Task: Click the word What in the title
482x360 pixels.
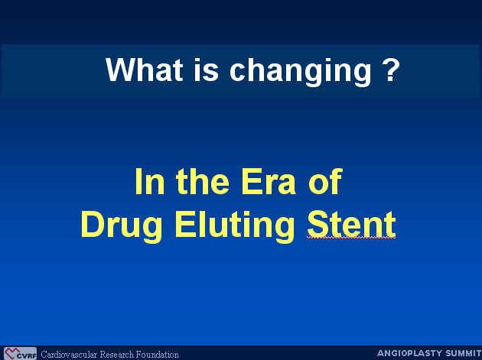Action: point(144,70)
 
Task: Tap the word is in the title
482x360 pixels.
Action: point(206,70)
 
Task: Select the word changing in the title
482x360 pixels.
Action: point(301,72)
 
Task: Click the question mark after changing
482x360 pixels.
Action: point(391,70)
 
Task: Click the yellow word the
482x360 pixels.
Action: point(203,182)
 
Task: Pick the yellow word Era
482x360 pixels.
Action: point(269,182)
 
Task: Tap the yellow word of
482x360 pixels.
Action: point(325,182)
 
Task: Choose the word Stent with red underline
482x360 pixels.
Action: point(351,225)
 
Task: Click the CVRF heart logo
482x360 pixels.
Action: point(20,354)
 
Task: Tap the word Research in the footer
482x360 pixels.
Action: point(116,355)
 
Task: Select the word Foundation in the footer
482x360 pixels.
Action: point(157,355)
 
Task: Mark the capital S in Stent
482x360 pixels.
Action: point(318,224)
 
